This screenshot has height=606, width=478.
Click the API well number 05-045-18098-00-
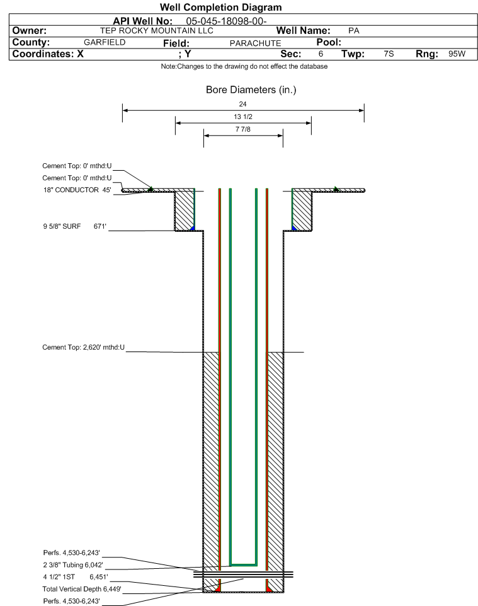click(226, 21)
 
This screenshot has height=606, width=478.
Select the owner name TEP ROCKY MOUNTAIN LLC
click(157, 30)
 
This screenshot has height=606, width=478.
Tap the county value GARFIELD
click(105, 42)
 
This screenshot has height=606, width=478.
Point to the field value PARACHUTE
click(256, 43)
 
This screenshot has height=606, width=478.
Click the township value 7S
click(389, 54)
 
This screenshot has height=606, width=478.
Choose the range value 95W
click(457, 54)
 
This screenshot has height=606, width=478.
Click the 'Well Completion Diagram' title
click(220, 8)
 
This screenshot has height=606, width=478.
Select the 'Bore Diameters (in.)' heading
click(251, 89)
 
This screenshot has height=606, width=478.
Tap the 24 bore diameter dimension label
click(242, 104)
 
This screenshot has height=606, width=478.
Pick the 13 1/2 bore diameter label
click(243, 117)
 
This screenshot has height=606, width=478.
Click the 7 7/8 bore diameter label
click(243, 129)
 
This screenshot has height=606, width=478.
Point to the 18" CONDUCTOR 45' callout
click(77, 190)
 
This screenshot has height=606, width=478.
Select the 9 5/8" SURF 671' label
click(74, 226)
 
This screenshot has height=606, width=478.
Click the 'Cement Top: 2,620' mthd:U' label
click(84, 347)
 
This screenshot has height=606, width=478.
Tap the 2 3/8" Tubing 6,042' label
click(73, 564)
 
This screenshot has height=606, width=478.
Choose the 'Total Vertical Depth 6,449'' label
click(82, 589)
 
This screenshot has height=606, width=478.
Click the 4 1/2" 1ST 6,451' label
click(76, 577)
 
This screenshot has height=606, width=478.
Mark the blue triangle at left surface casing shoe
click(192, 228)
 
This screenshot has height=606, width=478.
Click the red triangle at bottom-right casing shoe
click(269, 589)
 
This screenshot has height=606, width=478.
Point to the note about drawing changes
click(244, 67)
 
